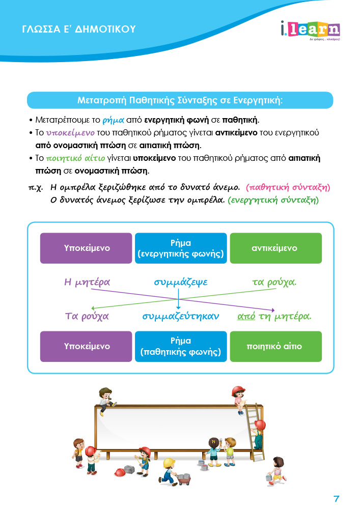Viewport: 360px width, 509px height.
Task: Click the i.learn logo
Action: pos(310,31)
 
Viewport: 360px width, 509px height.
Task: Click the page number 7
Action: pos(336,499)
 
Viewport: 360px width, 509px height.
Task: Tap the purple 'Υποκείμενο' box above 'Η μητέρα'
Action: pos(86,248)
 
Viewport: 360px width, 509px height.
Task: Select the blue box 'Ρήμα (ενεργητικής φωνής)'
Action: pos(181,248)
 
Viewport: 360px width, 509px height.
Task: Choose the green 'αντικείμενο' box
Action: pos(276,248)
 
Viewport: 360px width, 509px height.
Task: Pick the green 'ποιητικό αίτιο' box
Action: pos(276,346)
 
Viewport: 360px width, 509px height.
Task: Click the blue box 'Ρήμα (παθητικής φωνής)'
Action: pos(181,346)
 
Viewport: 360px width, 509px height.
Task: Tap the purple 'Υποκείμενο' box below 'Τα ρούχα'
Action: pos(86,346)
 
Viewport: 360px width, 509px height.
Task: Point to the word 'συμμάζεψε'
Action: pos(180,282)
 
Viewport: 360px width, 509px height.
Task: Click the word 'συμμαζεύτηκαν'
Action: pos(180,316)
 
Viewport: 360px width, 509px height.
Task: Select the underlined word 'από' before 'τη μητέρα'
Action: pos(246,316)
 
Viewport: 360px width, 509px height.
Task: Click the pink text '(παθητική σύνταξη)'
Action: pos(288,188)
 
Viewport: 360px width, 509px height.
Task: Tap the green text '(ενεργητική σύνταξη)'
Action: pos(273,200)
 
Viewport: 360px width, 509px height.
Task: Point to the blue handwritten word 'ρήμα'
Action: pos(113,121)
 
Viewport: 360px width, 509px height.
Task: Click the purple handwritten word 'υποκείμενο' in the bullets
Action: pos(70,133)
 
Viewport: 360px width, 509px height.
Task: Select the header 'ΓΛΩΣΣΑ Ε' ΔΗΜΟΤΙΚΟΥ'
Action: pos(79,29)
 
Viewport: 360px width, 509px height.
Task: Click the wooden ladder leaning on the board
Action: pos(255,432)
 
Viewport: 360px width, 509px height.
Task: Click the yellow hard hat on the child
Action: pos(169,462)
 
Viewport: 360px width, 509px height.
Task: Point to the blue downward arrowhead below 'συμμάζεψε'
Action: pos(178,307)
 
